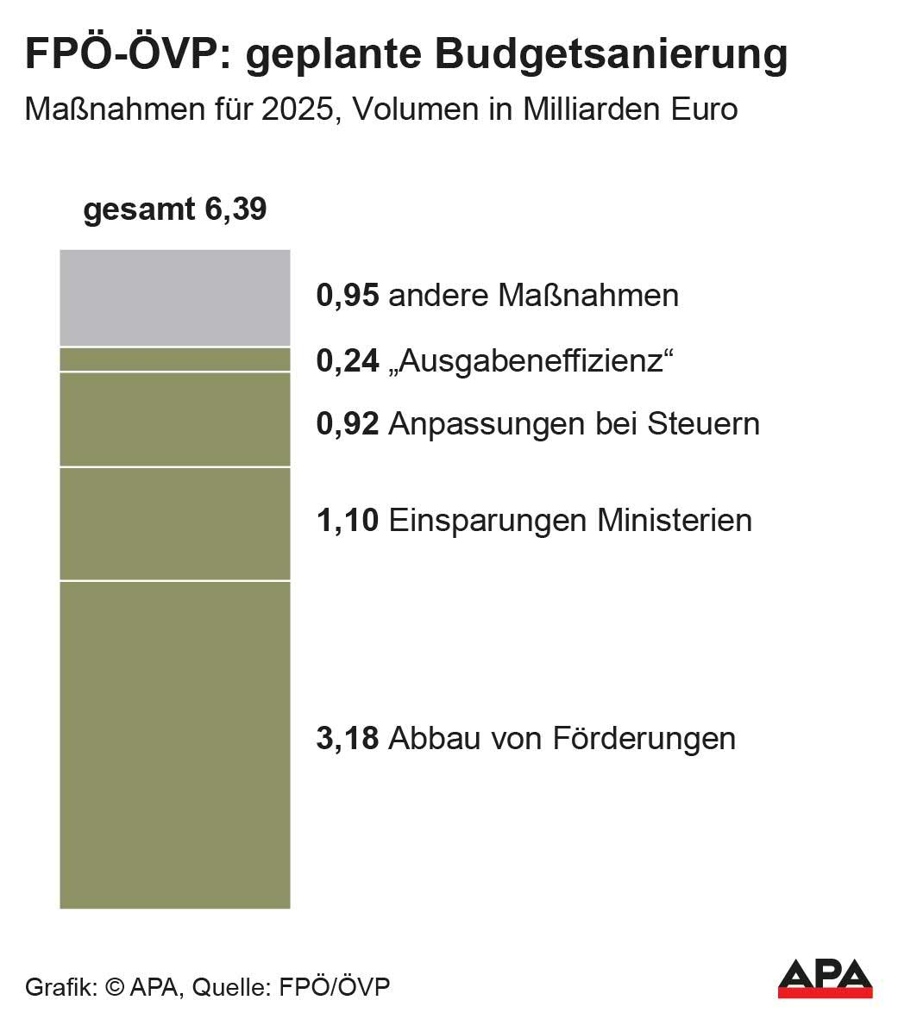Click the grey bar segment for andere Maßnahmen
click(174, 297)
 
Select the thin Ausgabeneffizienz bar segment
click(174, 359)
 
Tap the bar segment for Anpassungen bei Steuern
click(174, 419)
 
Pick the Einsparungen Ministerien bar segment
click(174, 523)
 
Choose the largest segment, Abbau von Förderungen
click(174, 745)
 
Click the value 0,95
click(348, 296)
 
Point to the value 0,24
click(348, 361)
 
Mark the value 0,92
click(348, 424)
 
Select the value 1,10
click(348, 521)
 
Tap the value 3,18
click(348, 739)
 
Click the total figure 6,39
click(235, 209)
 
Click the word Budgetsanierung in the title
click(611, 54)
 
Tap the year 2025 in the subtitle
click(298, 109)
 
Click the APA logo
click(825, 978)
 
